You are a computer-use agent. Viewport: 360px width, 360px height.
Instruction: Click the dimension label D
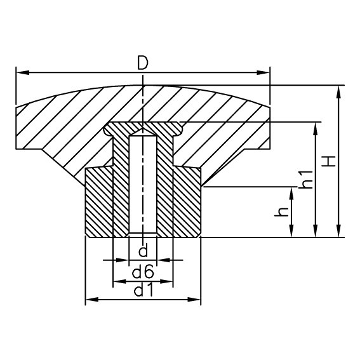[143, 62]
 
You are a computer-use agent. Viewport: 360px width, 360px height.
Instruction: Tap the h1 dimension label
[305, 180]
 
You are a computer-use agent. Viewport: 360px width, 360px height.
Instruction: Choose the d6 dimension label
[143, 273]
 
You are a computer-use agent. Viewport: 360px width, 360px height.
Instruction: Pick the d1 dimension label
[143, 291]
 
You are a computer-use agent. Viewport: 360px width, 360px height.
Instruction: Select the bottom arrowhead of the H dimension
[339, 232]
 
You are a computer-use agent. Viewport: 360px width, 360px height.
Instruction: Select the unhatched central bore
[143, 184]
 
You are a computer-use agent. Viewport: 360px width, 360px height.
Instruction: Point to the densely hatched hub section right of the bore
[187, 203]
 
